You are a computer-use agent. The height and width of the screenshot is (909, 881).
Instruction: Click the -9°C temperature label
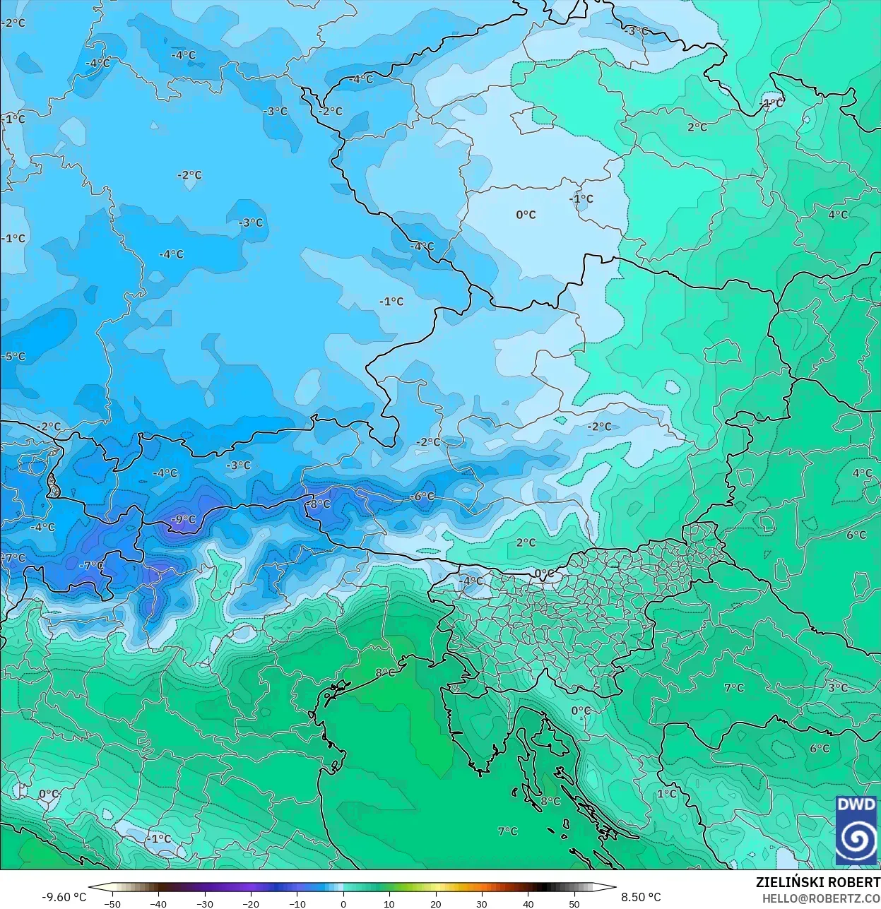tap(184, 519)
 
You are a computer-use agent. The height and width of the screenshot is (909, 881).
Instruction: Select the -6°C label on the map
tap(422, 497)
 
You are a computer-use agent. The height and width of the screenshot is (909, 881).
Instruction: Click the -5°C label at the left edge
tap(13, 356)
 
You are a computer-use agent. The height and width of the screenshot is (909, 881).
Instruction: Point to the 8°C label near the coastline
tap(385, 672)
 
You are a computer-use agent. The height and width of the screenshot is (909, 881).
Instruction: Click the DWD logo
tap(856, 830)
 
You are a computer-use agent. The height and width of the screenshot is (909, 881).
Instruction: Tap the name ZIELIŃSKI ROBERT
tap(817, 882)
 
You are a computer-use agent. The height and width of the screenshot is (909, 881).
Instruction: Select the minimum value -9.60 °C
tap(64, 897)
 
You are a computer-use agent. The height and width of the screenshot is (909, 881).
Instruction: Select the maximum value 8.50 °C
tap(641, 897)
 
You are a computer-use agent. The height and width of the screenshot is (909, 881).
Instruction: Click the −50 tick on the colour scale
tap(112, 904)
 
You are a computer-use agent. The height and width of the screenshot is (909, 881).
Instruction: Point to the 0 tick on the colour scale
tap(343, 904)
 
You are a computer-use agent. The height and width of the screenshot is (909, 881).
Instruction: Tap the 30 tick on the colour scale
tap(482, 904)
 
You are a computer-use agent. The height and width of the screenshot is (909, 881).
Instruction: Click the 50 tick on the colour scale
tap(574, 904)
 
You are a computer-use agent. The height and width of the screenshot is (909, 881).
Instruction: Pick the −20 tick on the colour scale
tap(251, 904)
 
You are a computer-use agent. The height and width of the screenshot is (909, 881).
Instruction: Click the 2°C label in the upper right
tap(697, 127)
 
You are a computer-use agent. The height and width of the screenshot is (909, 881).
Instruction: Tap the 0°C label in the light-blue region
tap(526, 215)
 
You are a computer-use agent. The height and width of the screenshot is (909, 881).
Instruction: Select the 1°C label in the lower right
tap(667, 794)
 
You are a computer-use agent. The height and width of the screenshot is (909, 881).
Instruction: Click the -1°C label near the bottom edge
tap(159, 838)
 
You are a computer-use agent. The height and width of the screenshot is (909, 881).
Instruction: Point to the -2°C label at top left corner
tap(13, 23)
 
